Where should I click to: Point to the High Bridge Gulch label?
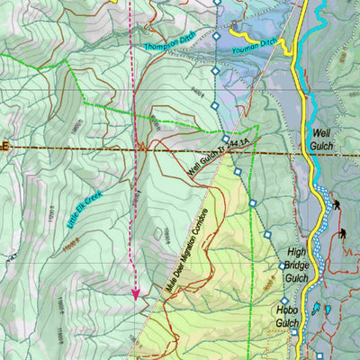coord(298,265)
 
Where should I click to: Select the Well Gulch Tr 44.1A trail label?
coord(218,153)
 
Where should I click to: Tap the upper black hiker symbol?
coord(336,205)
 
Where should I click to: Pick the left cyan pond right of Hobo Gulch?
coord(315,308)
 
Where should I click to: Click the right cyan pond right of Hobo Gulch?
coord(328,310)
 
